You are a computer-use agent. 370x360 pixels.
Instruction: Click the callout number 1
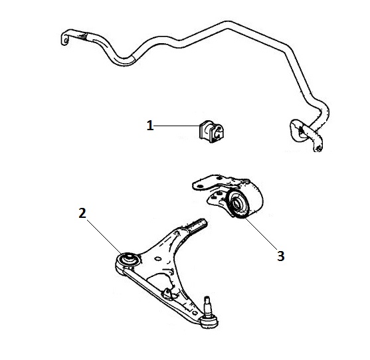tap(150, 126)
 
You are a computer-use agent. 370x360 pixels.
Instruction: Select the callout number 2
tap(82, 213)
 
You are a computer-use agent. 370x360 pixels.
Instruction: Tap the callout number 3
tap(280, 256)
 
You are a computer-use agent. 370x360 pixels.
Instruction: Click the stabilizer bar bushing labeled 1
tap(212, 132)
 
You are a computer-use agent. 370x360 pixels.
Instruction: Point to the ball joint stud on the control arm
tap(207, 306)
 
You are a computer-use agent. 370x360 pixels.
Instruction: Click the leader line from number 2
tap(104, 236)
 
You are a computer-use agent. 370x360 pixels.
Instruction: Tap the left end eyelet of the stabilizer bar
tap(65, 40)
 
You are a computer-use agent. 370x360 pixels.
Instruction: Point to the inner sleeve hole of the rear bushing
tap(236, 204)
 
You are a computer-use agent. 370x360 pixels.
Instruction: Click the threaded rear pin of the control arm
tap(198, 225)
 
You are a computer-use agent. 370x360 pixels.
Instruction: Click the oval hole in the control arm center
tap(158, 259)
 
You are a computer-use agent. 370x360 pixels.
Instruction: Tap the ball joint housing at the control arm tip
tap(209, 322)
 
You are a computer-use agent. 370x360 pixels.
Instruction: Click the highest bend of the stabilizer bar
tap(228, 25)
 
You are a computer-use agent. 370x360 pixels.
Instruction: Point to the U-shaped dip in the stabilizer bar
tap(124, 60)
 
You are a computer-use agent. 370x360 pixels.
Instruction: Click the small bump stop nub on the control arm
tap(168, 292)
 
